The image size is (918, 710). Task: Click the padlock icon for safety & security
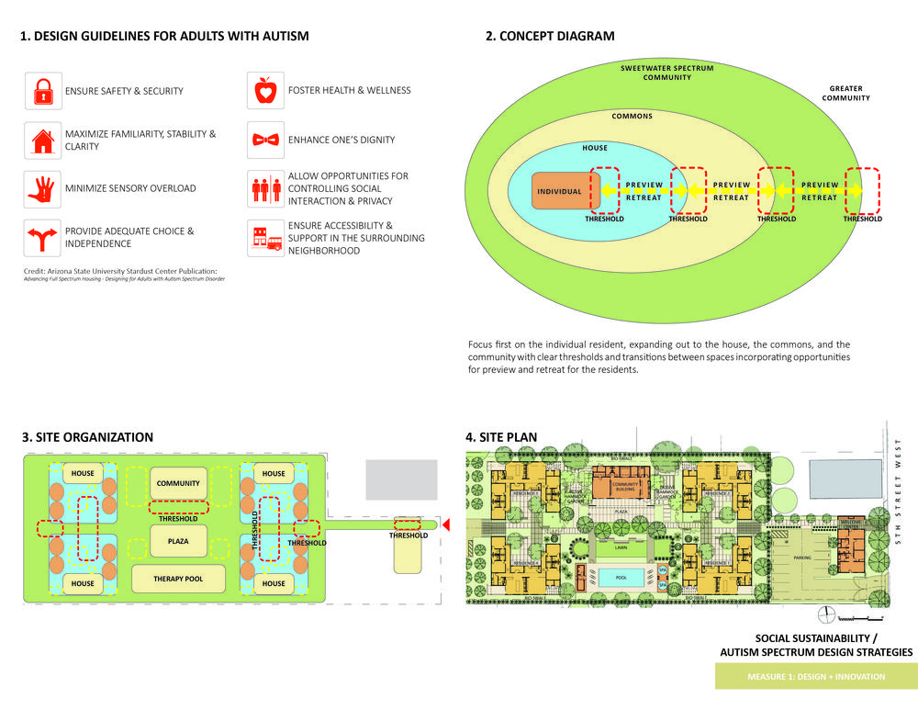[x=42, y=91]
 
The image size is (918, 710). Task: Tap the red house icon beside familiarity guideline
[x=42, y=140]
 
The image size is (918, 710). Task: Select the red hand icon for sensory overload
[x=42, y=188]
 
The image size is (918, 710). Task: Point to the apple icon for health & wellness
[x=265, y=91]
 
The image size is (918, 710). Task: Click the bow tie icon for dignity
[x=265, y=140]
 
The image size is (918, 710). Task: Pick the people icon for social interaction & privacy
[x=265, y=188]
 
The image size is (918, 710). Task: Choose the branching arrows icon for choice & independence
[x=42, y=237]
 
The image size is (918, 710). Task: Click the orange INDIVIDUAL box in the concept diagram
[x=559, y=192]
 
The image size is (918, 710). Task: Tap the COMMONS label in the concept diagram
[x=633, y=117]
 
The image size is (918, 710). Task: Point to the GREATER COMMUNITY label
[x=845, y=94]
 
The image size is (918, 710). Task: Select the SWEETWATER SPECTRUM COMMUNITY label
[x=666, y=73]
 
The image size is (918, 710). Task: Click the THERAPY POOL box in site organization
[x=179, y=579]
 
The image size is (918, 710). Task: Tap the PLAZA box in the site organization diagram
[x=178, y=542]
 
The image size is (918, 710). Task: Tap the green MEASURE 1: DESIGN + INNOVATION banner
[x=815, y=677]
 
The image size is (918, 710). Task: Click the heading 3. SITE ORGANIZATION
[x=87, y=437]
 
